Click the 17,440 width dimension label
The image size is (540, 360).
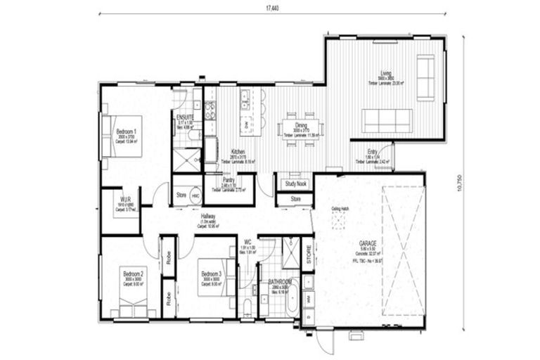pos(271,6)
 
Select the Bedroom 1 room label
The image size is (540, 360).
pos(126,131)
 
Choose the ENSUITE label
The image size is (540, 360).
pos(186,117)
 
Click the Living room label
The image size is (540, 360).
pos(386,73)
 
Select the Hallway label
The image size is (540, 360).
pos(208,217)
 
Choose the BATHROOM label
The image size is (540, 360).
pos(279,281)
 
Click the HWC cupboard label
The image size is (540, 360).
pos(195,195)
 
